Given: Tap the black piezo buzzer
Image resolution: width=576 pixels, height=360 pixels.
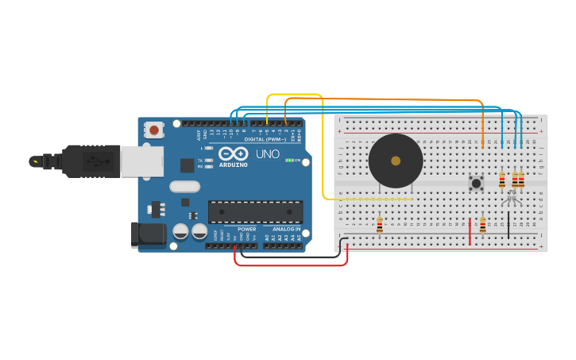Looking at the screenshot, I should pyautogui.click(x=396, y=161).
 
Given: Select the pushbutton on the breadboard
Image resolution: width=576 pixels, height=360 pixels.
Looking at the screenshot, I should pyautogui.click(x=477, y=183).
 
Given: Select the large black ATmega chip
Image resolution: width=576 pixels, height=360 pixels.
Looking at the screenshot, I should pyautogui.click(x=255, y=211).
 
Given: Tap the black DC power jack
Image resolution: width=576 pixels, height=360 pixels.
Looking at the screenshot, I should pyautogui.click(x=148, y=234).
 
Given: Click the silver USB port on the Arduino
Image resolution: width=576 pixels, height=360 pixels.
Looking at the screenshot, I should pyautogui.click(x=141, y=161).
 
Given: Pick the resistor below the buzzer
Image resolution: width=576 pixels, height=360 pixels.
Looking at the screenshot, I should pyautogui.click(x=380, y=225).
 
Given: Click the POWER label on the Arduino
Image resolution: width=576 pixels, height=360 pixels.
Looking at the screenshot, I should pyautogui.click(x=246, y=229).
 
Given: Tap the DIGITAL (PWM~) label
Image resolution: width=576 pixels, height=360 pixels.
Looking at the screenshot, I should pyautogui.click(x=265, y=139).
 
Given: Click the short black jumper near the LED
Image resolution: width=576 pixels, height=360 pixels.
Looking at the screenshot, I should pyautogui.click(x=508, y=225).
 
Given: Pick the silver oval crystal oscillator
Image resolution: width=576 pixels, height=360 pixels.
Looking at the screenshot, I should pyautogui.click(x=184, y=187).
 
